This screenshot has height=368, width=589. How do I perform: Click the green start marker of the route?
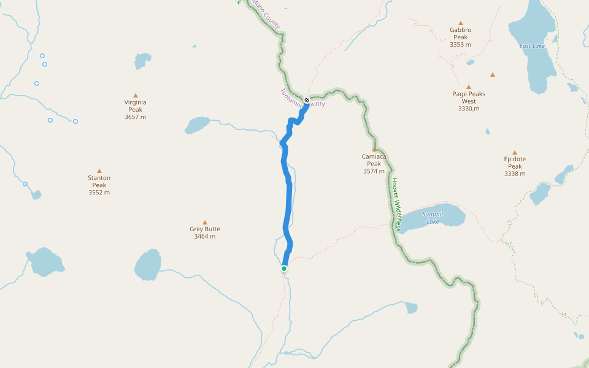coord(284,269)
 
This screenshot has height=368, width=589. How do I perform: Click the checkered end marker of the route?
coord(307,100)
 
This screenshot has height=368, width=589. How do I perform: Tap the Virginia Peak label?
coord(136,105)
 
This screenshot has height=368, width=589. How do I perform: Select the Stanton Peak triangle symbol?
coord(99,171)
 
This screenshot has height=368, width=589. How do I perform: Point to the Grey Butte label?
coord(205,229)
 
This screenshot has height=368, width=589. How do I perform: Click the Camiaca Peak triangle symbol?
coord(374,149)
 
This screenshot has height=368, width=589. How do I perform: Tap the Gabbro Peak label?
coord(460,33)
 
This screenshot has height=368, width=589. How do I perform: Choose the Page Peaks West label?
coord(469,98)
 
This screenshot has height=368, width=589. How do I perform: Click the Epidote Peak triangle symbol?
coord(515,153)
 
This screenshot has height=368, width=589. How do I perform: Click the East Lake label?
coord(532,46)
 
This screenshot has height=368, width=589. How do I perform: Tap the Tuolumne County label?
coord(302,99)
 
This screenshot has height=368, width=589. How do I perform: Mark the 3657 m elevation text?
coord(136,117)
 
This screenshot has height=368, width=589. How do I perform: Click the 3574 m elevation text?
coord(374,172)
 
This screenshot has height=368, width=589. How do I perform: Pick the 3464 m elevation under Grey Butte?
coord(205,237)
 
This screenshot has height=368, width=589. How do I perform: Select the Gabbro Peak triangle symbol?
coord(460,23)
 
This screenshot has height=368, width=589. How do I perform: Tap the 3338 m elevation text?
coord(515,174)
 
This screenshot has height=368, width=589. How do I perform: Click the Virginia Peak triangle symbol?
coord(136,96)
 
